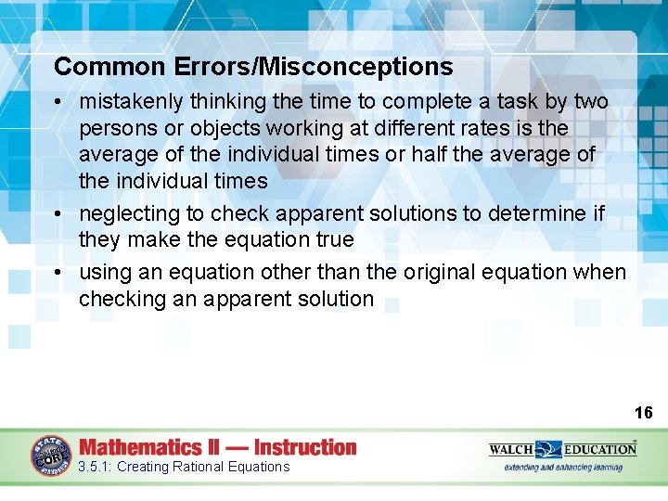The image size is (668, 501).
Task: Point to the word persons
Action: [116, 127]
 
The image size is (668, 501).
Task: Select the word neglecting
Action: [129, 213]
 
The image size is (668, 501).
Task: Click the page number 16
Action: [644, 413]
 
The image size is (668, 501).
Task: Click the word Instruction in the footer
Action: [305, 447]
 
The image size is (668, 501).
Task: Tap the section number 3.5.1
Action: [95, 467]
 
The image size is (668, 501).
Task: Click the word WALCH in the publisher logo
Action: [512, 449]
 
